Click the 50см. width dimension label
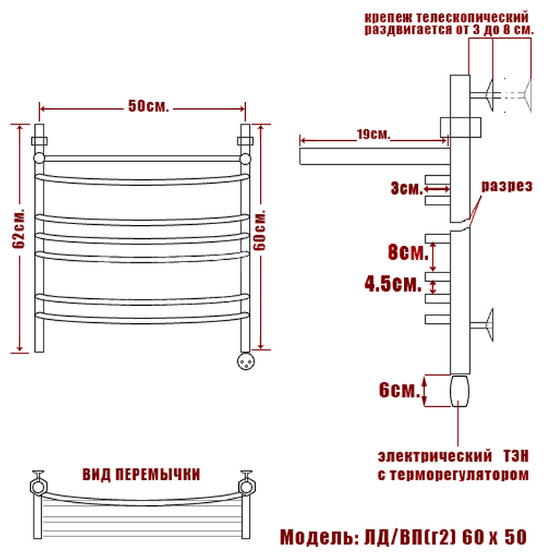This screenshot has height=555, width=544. coord(149,106)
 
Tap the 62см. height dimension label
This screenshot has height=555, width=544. coord(19,229)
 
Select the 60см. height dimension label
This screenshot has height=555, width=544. coord(260,230)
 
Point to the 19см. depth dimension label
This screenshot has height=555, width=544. coord(373,134)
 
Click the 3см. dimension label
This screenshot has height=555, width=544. coord(407,188)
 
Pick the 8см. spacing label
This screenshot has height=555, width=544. coord(408,252)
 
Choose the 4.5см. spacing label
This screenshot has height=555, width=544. coord(393,283)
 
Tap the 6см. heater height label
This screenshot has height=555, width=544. coord(399,390)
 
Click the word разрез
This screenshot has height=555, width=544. coord(507,186)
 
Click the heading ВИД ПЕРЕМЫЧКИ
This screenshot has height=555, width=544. coord(141,474)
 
